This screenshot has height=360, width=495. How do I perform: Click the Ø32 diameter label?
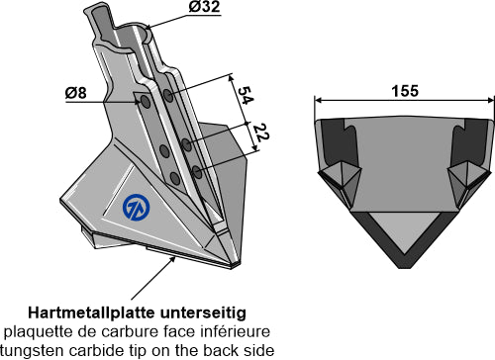(204, 7)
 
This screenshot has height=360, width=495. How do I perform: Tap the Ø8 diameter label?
(76, 93)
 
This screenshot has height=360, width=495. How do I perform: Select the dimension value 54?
(245, 95)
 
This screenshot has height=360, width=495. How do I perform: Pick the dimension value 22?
(261, 133)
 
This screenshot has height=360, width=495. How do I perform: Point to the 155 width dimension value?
(405, 91)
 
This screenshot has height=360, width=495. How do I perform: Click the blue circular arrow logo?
(136, 208)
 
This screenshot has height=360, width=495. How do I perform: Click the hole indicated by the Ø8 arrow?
(146, 102)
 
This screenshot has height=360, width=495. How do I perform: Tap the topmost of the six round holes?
(168, 96)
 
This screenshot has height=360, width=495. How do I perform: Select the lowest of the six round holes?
(175, 178)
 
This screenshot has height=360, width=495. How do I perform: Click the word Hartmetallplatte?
(91, 313)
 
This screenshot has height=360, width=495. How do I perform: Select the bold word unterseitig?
(203, 314)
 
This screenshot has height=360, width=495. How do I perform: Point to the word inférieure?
(241, 331)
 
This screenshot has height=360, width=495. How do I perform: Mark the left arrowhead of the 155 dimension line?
(318, 100)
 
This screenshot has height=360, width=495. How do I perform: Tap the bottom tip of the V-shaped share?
(405, 268)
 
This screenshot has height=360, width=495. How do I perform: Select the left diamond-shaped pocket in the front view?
(341, 180)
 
